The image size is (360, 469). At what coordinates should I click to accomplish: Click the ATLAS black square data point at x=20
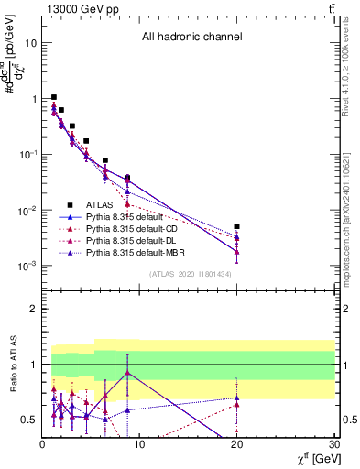coord(236,226)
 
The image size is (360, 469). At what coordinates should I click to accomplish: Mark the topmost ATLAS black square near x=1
coord(54,97)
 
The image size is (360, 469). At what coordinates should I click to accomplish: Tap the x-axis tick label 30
coord(334,445)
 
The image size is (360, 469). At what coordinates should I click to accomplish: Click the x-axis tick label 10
coord(139,445)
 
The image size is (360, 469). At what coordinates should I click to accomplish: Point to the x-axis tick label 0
coord(42,445)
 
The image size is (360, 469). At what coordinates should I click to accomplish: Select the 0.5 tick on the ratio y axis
coord(29,420)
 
